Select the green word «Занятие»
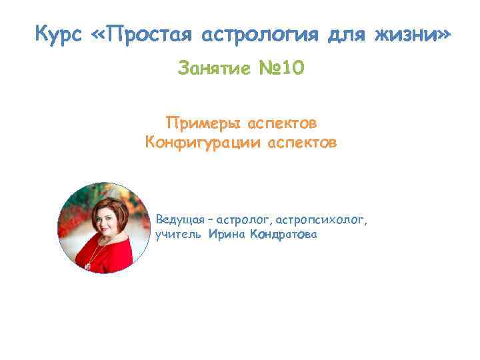click(213, 68)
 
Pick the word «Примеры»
click(203, 124)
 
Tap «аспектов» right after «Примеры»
click(282, 124)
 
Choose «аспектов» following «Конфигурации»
click(301, 142)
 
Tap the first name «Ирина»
click(227, 235)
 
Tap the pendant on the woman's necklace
click(87, 265)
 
